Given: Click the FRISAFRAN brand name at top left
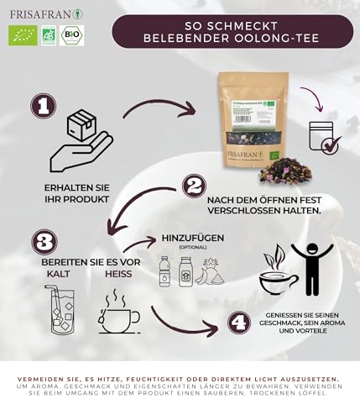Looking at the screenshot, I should coord(38,13).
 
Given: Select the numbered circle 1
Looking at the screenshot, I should coord(44,107).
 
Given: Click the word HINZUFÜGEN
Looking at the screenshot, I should coord(194,238).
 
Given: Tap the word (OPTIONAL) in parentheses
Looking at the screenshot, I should coord(193,248).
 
